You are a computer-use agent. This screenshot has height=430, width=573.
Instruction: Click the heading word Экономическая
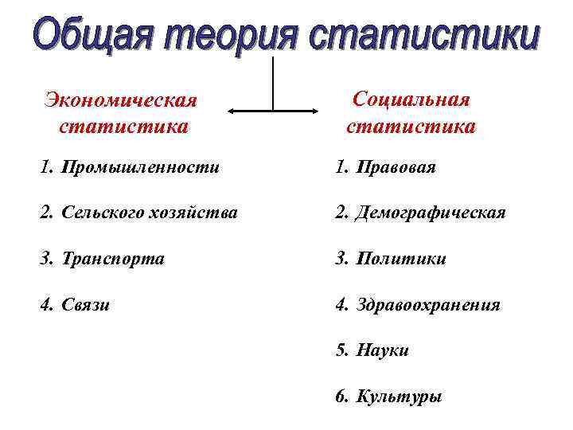120,102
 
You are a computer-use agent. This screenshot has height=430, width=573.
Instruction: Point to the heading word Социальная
411,100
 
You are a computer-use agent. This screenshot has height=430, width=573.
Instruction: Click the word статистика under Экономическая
123,126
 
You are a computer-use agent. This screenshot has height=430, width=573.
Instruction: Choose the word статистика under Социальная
411,126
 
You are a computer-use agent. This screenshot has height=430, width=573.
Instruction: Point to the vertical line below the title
274,84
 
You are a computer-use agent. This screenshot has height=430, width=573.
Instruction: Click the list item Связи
87,304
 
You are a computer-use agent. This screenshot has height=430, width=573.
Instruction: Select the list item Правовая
396,168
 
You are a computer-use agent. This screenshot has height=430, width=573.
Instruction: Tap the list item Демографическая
431,213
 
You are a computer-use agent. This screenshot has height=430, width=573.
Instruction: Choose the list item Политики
401,259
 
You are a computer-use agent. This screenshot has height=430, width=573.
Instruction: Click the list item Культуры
400,396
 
